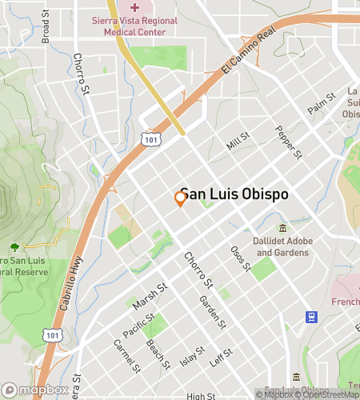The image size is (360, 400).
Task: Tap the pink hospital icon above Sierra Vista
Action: tap(134, 9)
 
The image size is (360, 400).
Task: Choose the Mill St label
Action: tap(238, 142)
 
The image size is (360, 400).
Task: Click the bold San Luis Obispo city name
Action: tap(234, 194)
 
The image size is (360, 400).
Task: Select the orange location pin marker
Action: tap(180, 199)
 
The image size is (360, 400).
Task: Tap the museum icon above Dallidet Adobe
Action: tap(282, 228)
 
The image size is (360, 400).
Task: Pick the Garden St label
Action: tap(213, 311)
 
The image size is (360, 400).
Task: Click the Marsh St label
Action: tap(150, 296)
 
